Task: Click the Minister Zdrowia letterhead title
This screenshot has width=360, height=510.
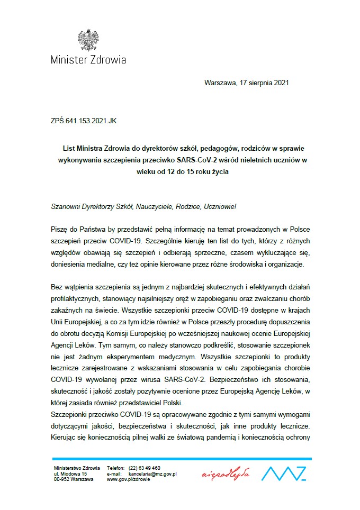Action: (88, 60)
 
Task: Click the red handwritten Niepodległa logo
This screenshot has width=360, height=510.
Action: (226, 474)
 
